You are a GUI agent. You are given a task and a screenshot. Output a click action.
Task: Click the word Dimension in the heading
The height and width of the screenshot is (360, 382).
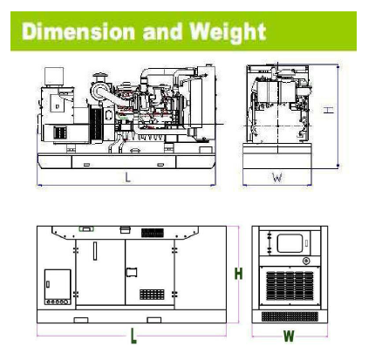click(x=78, y=31)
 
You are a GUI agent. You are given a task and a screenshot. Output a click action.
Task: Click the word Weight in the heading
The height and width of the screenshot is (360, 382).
click(x=228, y=32)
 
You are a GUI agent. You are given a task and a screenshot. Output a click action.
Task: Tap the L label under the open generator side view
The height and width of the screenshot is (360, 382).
click(x=127, y=177)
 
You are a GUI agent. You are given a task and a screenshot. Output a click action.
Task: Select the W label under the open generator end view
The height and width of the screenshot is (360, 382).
click(x=277, y=177)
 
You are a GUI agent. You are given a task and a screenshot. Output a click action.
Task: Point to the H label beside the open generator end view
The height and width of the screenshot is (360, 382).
click(x=329, y=110)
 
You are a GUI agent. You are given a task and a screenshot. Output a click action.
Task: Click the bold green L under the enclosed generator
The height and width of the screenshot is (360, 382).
click(x=133, y=336)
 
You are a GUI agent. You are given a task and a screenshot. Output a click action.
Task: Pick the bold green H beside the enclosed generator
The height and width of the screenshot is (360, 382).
click(x=238, y=274)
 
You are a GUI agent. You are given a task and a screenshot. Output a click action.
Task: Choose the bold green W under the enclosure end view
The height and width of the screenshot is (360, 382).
click(x=289, y=336)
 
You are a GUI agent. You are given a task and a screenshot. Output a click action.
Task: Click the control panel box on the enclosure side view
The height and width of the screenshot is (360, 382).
click(x=58, y=287)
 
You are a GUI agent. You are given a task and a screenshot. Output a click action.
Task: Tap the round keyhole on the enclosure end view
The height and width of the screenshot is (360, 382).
click(x=306, y=261)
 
